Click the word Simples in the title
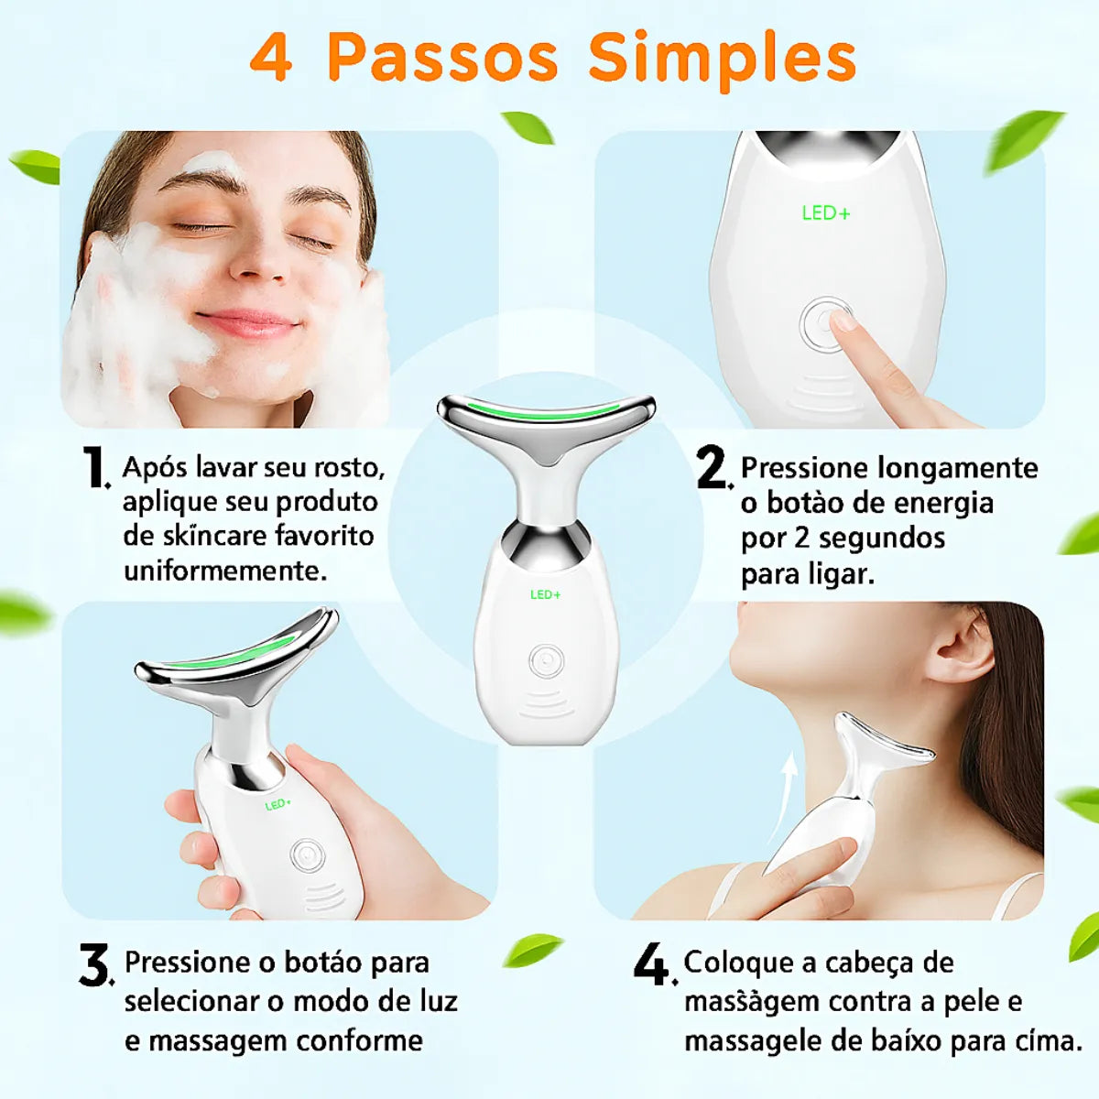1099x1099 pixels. [722, 59]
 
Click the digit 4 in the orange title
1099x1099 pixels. [271, 59]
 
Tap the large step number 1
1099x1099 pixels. [94, 467]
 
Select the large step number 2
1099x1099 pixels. [712, 467]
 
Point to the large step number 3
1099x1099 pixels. [94, 965]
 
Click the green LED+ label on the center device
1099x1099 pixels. [545, 595]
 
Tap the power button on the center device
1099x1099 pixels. [546, 661]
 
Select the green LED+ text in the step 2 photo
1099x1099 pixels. [826, 213]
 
